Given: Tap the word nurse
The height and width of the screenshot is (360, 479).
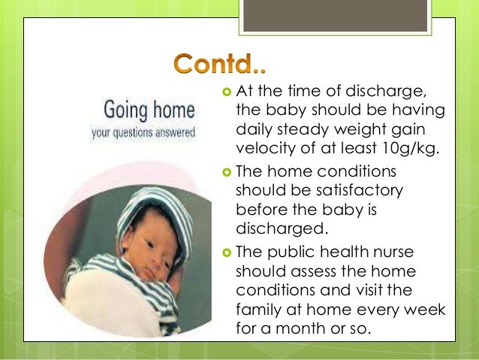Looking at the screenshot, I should coord(408,250).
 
